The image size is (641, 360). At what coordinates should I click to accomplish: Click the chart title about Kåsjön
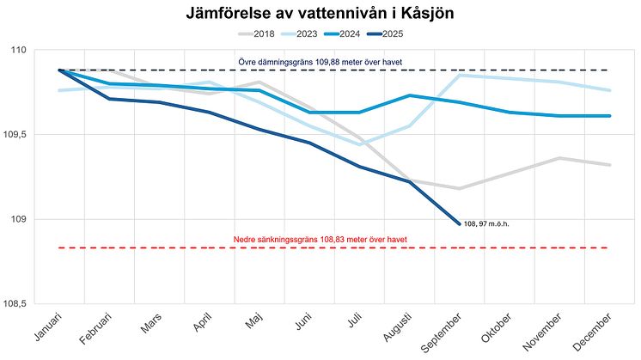pos(320,15)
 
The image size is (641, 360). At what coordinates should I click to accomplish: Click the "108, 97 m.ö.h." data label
pos(487,223)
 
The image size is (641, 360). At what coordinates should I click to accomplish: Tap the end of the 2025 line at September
pos(459,223)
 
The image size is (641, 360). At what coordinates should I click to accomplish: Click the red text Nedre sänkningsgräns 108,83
pos(320,239)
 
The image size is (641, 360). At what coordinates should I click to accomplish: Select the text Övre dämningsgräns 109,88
pos(320,62)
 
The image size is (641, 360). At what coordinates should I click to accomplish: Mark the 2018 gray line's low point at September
pos(459,188)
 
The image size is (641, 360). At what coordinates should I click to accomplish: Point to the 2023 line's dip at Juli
pos(359,144)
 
